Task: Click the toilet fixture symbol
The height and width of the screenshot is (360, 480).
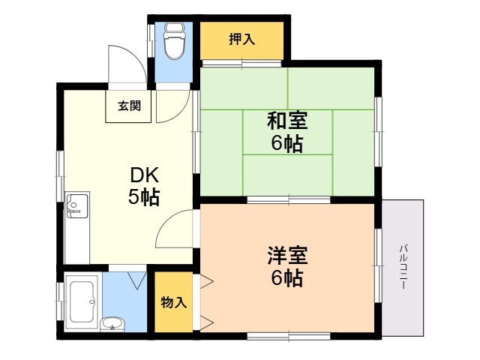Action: [x=175, y=40]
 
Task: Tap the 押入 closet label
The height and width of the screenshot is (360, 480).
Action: [x=241, y=39]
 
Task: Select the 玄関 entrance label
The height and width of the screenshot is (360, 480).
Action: [x=130, y=106]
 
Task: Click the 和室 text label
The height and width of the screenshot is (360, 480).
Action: [x=287, y=121]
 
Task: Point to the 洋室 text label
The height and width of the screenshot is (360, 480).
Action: [x=287, y=255]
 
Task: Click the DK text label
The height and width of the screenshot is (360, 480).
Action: [x=144, y=175]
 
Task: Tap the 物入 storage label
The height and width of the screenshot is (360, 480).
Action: [x=173, y=302]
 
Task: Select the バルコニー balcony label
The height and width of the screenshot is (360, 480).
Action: [x=403, y=267]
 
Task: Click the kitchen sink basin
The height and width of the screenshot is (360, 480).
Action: [x=77, y=204]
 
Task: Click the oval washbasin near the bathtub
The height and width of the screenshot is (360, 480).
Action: [x=112, y=324]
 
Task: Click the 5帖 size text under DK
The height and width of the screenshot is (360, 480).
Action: [x=144, y=196]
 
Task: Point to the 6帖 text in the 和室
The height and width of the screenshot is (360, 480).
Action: [x=287, y=143]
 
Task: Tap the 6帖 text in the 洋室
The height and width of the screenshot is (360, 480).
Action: [x=287, y=277]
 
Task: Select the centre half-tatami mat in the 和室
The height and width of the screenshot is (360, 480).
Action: [x=288, y=132]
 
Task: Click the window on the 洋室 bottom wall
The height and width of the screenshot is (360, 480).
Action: [x=289, y=337]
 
